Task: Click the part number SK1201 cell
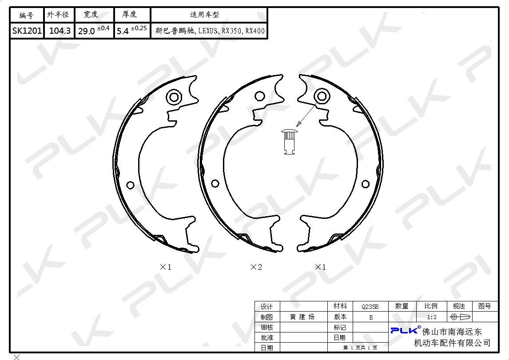coord(27,31)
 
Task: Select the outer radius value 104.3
coord(60,31)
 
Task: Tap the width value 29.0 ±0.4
coord(94,30)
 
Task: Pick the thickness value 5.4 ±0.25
coord(132,30)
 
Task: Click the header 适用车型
coord(204,15)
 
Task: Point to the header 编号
coord(27,15)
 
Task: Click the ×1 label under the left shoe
coord(166,267)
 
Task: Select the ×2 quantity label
coord(256,267)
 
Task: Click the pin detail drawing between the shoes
coord(289,142)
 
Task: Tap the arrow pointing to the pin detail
coord(306,115)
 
